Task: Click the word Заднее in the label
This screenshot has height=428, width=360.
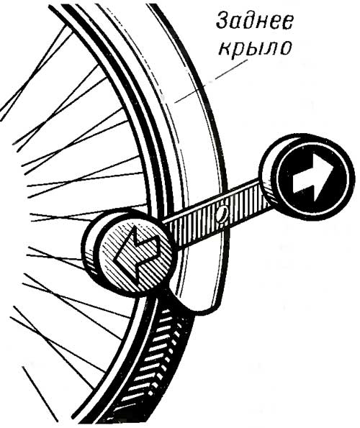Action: click(x=254, y=21)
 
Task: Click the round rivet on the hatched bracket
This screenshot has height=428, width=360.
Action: click(x=222, y=213)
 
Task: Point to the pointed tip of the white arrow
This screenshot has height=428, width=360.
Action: click(x=334, y=165)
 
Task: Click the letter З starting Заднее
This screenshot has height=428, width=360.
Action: click(x=222, y=21)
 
